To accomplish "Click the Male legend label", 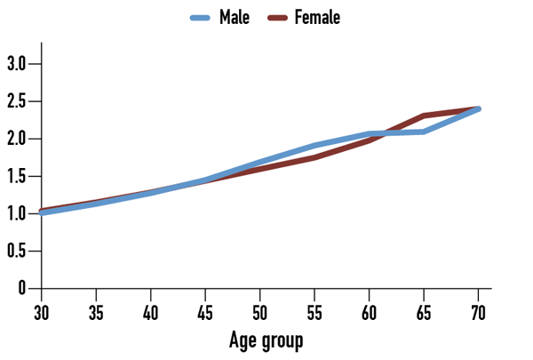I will (235, 17).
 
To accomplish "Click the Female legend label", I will (317, 17).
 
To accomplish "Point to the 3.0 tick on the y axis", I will (17, 64).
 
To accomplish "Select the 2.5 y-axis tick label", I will (17, 101).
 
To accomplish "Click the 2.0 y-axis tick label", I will (17, 139).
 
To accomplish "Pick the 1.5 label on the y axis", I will (17, 176).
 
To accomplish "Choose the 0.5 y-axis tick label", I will (17, 252).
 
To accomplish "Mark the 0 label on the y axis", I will (24, 289).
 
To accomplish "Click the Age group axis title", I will (266, 340).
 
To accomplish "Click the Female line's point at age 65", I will (424, 116).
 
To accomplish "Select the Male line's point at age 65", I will (424, 132).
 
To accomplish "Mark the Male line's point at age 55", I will (314, 145).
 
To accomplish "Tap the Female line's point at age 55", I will (314, 157).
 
